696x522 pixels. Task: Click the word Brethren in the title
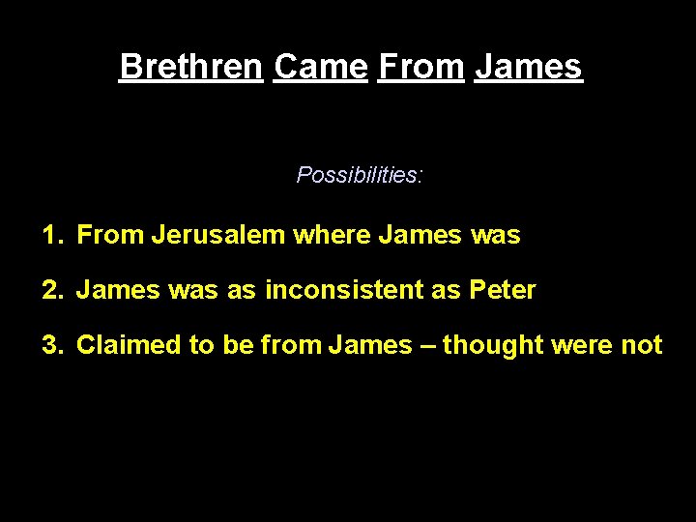[x=191, y=67]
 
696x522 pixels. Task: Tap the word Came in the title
[x=320, y=67]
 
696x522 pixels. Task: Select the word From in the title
[x=420, y=67]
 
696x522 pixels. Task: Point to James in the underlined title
[x=529, y=67]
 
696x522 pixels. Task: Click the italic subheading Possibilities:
[x=360, y=175]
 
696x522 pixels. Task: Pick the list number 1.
[x=50, y=235]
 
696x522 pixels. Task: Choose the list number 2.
[x=50, y=290]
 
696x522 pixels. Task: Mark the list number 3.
[x=50, y=345]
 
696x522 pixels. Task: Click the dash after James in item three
[x=427, y=345]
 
